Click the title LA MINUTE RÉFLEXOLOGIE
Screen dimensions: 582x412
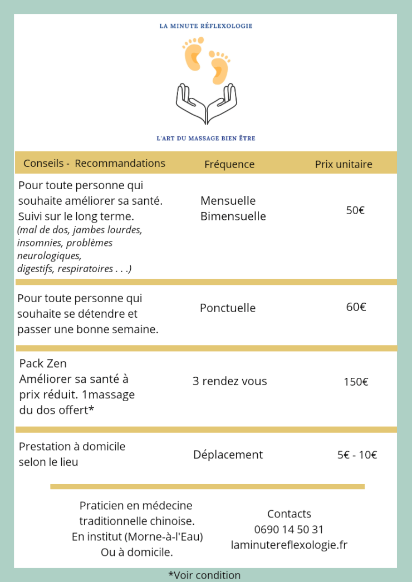(206, 26)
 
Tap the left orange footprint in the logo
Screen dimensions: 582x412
(193, 55)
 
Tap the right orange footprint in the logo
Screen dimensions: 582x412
(219, 67)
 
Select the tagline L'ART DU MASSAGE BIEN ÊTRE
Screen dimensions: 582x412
(206, 138)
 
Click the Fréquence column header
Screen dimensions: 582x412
(229, 164)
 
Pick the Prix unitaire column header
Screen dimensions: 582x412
(344, 164)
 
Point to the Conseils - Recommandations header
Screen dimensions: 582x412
(94, 163)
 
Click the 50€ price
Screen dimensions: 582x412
(355, 210)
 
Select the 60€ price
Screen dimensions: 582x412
(356, 307)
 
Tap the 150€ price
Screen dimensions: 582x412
(356, 382)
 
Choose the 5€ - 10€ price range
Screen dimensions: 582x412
(357, 455)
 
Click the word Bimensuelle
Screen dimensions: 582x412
(233, 216)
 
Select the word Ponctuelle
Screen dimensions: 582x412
(228, 308)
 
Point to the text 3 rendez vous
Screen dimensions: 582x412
(229, 381)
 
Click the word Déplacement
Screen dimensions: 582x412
(228, 455)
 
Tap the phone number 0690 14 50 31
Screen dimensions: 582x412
(288, 529)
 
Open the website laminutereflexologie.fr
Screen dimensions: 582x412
(289, 545)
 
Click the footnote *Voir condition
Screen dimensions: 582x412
(204, 575)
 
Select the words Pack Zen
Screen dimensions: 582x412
(43, 363)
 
